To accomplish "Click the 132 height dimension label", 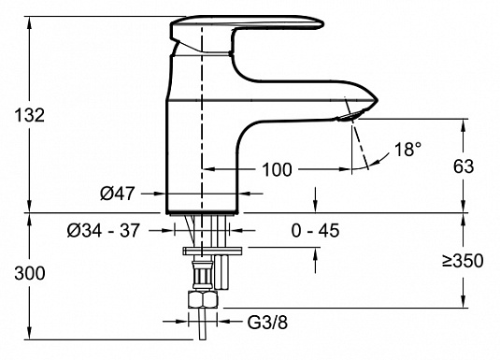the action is tap(30, 115).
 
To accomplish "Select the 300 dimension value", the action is tap(30, 274).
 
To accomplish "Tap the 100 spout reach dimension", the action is tap(277, 169).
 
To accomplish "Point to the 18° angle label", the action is tap(408, 149).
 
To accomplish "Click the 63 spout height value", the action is tap(464, 166).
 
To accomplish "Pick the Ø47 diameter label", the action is tap(118, 194).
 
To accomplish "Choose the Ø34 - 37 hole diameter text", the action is tap(104, 230).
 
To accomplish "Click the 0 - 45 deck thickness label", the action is tap(315, 230).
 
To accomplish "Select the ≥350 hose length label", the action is tap(463, 261).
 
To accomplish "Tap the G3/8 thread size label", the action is tap(267, 323).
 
